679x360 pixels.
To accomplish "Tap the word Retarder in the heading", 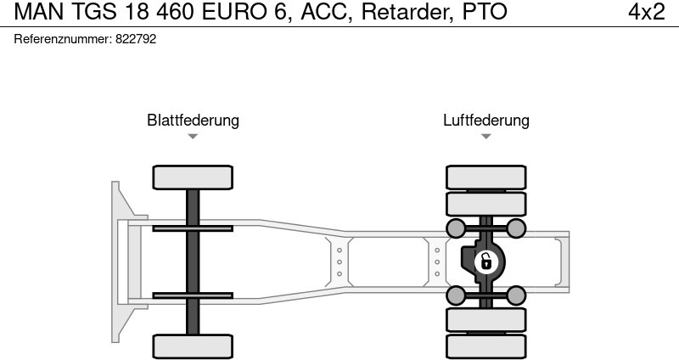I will (x=403, y=12).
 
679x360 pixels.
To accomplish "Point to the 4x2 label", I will (x=646, y=12).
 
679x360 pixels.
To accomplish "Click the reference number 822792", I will (x=135, y=39).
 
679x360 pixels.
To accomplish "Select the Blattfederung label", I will (x=193, y=120).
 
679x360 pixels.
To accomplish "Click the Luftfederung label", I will (x=485, y=120).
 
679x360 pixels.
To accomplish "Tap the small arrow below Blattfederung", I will (x=193, y=137).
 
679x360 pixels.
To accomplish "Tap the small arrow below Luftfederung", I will (x=485, y=137).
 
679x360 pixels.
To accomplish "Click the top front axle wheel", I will (x=193, y=177).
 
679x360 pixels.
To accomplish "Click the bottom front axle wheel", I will (x=193, y=346).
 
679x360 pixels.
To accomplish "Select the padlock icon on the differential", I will (x=485, y=262).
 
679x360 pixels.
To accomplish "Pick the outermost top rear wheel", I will (x=485, y=177).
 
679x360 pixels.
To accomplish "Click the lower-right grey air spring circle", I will (x=515, y=295).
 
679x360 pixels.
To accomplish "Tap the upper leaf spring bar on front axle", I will (x=193, y=228).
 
